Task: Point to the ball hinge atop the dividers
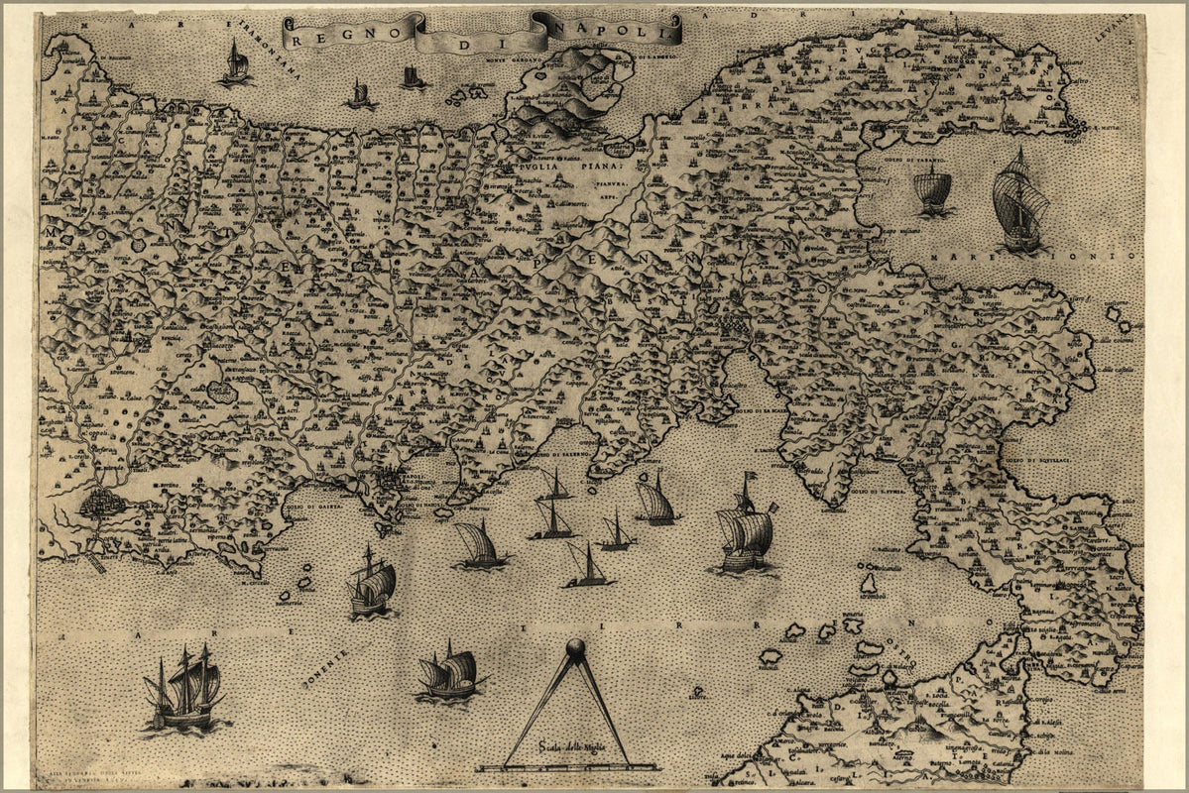click(574, 648)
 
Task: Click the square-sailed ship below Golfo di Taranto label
click(933, 192)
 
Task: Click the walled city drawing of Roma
click(102, 502)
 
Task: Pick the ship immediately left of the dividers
click(451, 674)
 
